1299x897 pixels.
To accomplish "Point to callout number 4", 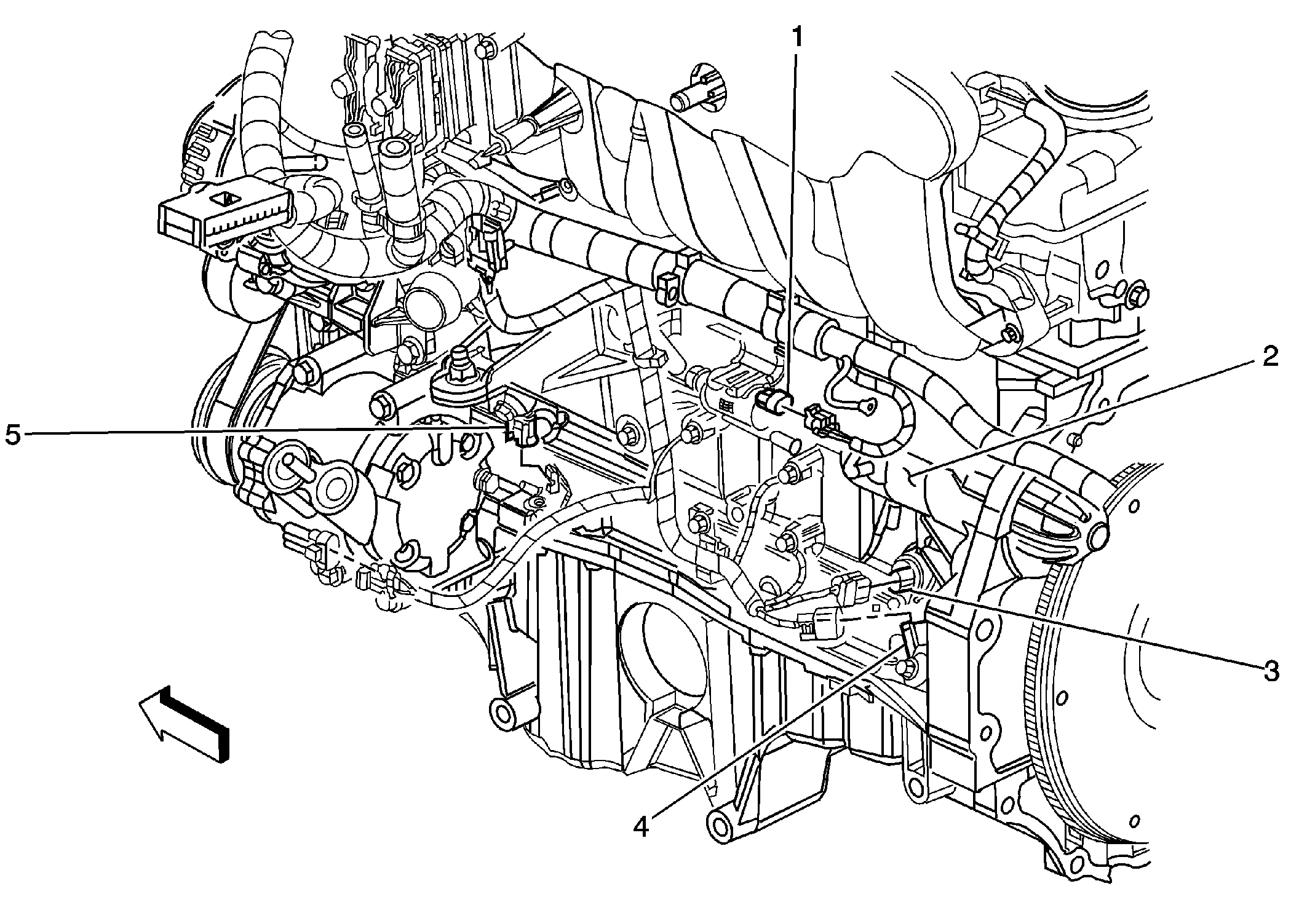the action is (641, 828).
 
